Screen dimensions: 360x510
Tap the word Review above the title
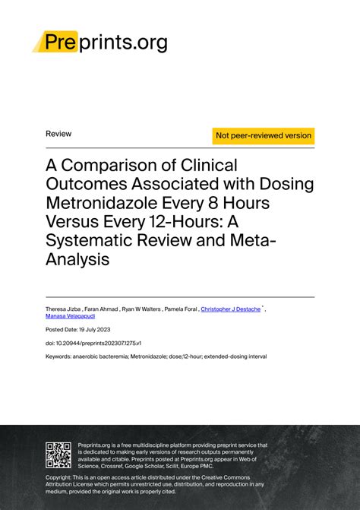click(x=58, y=134)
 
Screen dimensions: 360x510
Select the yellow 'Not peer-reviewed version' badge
click(x=264, y=135)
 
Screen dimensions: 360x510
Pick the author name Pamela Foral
click(x=180, y=310)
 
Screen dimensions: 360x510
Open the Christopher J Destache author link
click(x=230, y=310)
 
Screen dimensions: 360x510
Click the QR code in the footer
click(x=58, y=454)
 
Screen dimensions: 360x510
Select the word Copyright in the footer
click(x=61, y=477)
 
